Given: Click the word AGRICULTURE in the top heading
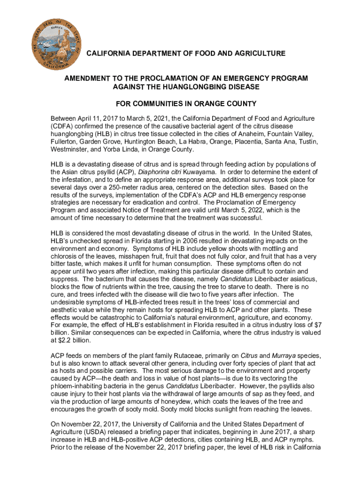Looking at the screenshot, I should point(260,54).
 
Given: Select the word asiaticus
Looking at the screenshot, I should point(294,279).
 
